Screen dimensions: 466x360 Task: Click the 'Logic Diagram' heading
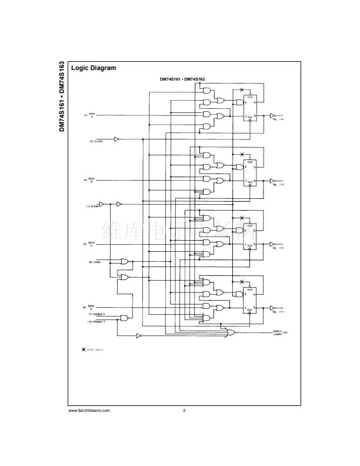coord(94,68)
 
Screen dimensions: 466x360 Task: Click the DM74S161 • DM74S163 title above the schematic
coord(182,79)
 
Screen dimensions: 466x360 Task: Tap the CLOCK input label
coord(96,142)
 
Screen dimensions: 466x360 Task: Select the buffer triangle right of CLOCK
coord(116,139)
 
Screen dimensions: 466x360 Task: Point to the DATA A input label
coord(92,115)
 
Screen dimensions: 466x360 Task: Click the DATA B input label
coord(92,179)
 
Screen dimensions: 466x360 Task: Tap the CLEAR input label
coord(92,207)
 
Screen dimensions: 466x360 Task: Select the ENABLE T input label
coord(96,322)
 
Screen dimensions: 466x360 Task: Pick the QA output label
coord(274,119)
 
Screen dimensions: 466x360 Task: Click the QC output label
coord(274,248)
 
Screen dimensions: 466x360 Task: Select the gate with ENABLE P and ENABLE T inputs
coord(124,318)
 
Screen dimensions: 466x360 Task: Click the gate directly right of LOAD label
coord(124,261)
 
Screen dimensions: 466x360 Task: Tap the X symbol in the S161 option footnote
coord(84,349)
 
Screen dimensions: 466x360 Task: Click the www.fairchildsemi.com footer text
coord(89,410)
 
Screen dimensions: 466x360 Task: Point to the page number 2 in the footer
coord(184,410)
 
